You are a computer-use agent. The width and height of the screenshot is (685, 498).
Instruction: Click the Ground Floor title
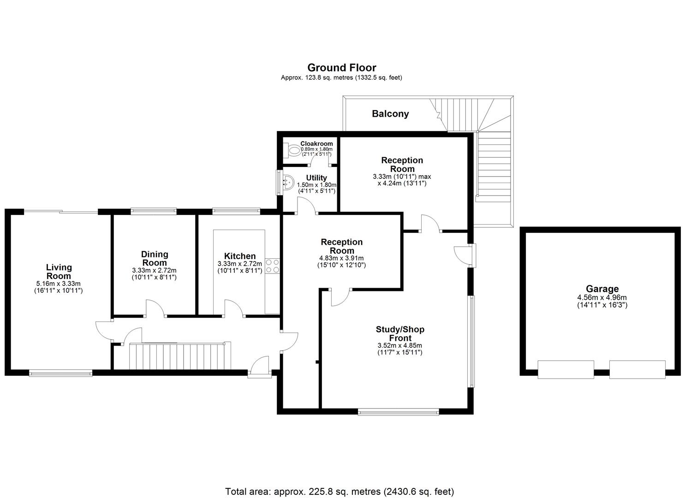(x=341, y=68)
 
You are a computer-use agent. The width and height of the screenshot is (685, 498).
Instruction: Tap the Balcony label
(x=390, y=113)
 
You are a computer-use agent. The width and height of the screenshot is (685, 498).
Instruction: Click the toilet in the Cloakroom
(x=293, y=150)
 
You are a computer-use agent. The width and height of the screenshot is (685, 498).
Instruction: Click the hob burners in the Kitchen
(x=272, y=266)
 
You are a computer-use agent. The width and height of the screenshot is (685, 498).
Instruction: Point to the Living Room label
(x=59, y=271)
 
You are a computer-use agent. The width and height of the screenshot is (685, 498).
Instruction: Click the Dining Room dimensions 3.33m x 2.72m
(x=154, y=270)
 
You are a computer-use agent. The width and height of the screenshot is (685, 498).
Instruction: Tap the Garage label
(x=602, y=289)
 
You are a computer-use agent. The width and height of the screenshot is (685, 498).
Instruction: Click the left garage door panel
(x=566, y=369)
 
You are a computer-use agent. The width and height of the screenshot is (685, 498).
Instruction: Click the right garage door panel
(x=637, y=369)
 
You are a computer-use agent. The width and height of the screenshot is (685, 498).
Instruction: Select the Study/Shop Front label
(x=400, y=333)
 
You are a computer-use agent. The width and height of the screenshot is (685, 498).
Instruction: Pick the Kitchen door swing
(x=234, y=308)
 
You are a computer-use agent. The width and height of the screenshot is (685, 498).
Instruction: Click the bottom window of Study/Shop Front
(x=399, y=412)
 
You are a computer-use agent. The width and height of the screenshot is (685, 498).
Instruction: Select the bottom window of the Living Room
(x=60, y=373)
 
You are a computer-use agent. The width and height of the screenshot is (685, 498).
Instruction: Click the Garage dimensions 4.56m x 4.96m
(x=602, y=298)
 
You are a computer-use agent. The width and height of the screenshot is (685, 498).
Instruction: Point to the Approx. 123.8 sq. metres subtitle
(x=341, y=78)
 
